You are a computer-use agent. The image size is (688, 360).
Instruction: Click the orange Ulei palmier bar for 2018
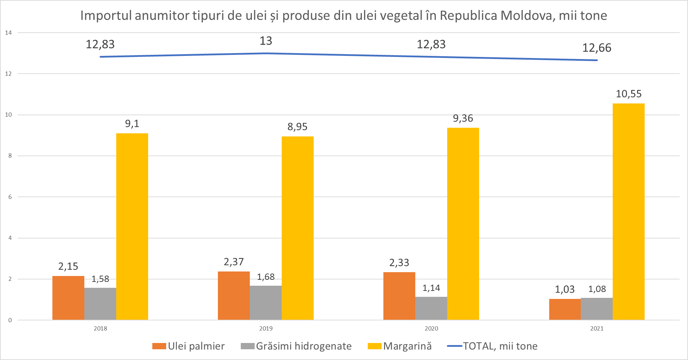point(68,298)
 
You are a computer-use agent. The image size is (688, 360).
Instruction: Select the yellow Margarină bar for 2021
point(628,212)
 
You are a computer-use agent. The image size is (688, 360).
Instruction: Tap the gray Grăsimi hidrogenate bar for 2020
point(431,308)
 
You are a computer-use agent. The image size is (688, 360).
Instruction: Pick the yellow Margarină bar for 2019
point(297,228)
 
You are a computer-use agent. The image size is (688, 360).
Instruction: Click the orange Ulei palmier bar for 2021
point(565,309)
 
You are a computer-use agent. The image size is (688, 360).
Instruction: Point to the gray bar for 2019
point(266,303)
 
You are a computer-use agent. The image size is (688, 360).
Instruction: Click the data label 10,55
point(628,94)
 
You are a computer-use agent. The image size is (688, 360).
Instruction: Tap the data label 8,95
point(297,127)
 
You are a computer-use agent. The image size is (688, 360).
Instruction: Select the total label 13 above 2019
point(266,41)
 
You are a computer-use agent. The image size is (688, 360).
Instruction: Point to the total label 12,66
point(597,48)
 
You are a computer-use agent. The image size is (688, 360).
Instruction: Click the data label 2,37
point(233,262)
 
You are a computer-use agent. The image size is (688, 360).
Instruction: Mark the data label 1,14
point(431,288)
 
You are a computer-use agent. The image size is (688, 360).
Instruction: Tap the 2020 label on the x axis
point(431,328)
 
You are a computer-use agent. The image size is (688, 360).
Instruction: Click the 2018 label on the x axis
point(100,328)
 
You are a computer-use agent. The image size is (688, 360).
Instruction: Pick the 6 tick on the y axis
point(10,197)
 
